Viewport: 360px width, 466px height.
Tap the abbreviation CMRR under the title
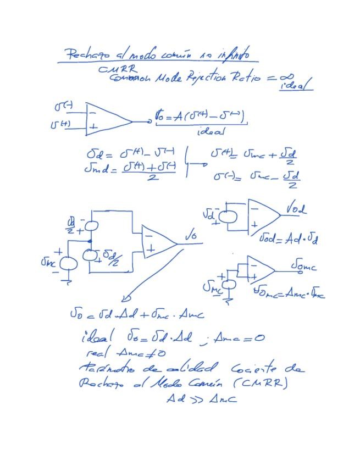click(x=114, y=70)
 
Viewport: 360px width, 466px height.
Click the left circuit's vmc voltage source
click(x=69, y=263)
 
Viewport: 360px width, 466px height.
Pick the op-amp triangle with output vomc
click(x=261, y=269)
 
